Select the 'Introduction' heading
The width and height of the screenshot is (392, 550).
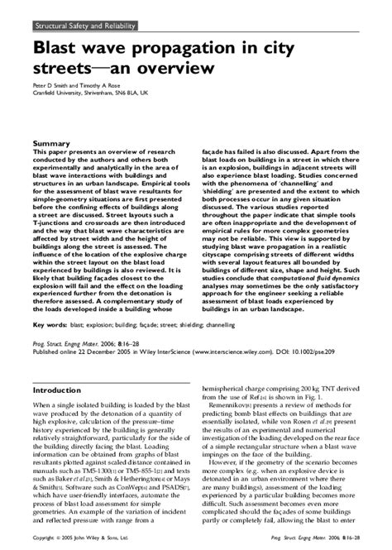(63, 366)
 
